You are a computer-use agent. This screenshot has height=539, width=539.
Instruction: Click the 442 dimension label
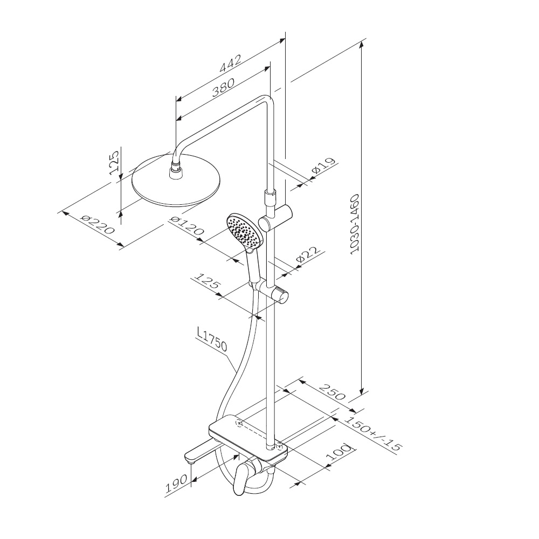tap(230, 64)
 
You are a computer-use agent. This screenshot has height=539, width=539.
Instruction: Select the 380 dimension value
tap(223, 88)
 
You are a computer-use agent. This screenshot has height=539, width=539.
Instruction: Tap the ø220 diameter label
tap(97, 224)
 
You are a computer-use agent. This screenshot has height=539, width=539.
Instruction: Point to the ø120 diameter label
tap(187, 225)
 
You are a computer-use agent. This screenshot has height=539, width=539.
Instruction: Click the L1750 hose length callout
tap(212, 340)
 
